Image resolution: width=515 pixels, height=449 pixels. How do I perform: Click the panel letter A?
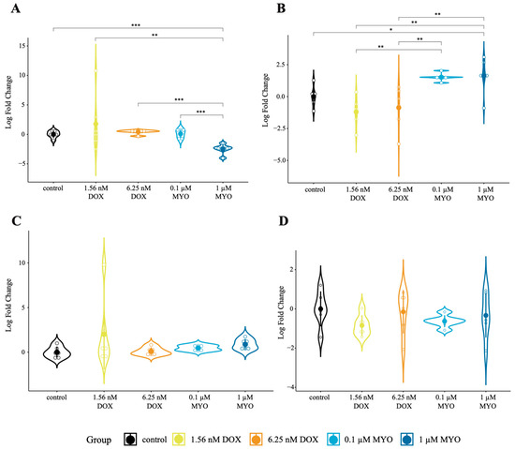click(x=15, y=8)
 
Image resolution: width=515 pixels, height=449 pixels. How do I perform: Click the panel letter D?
click(x=283, y=221)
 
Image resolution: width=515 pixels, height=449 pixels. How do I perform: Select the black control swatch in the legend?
click(x=130, y=439)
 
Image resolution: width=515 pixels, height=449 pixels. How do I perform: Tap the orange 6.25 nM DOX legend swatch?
click(x=256, y=439)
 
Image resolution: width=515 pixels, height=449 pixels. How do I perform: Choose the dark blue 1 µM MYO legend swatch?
click(x=407, y=439)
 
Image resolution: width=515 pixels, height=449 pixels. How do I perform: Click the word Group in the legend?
click(x=98, y=440)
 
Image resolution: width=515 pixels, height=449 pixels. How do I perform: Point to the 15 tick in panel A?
click(x=22, y=46)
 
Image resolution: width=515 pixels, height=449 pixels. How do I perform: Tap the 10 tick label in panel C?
click(x=22, y=263)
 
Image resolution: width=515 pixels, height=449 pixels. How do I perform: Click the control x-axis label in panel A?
click(x=53, y=188)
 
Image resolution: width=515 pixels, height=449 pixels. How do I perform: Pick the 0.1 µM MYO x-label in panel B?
click(x=442, y=194)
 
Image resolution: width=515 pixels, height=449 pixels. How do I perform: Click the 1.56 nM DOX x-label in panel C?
click(x=105, y=402)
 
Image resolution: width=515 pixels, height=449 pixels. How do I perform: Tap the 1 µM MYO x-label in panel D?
click(x=488, y=402)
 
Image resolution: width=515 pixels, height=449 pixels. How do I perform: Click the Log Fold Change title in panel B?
click(x=265, y=100)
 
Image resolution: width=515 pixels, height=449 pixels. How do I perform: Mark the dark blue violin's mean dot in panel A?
click(x=223, y=149)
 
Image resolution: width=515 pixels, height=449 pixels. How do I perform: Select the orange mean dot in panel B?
click(x=399, y=108)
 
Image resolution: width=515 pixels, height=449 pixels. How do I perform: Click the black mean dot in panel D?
click(x=320, y=309)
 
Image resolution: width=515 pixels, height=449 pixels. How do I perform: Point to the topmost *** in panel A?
click(x=136, y=25)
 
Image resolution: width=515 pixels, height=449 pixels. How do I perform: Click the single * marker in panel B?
click(x=390, y=30)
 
